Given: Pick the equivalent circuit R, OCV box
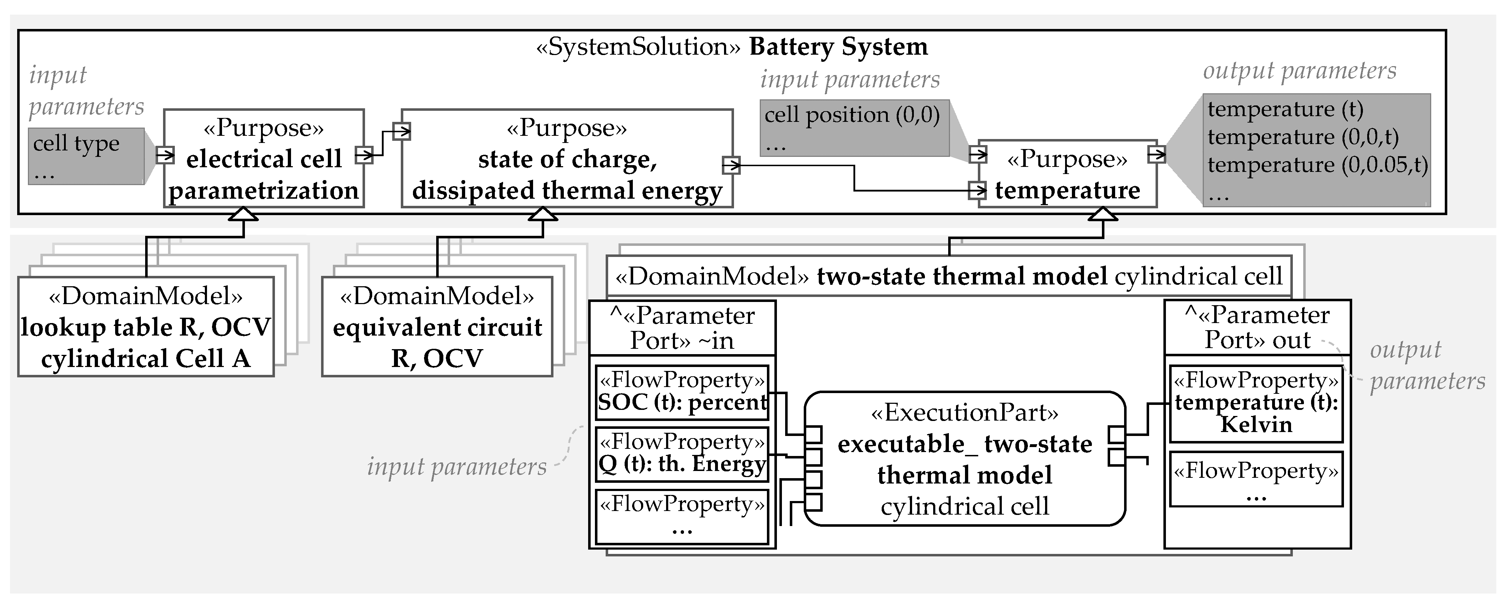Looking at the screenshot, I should [437, 326].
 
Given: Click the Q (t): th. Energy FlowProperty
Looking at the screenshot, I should [681, 453].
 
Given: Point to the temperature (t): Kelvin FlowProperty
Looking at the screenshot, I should [1256, 403].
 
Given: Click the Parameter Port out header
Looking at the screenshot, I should [1257, 327].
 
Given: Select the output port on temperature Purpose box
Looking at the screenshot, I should [1157, 154].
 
